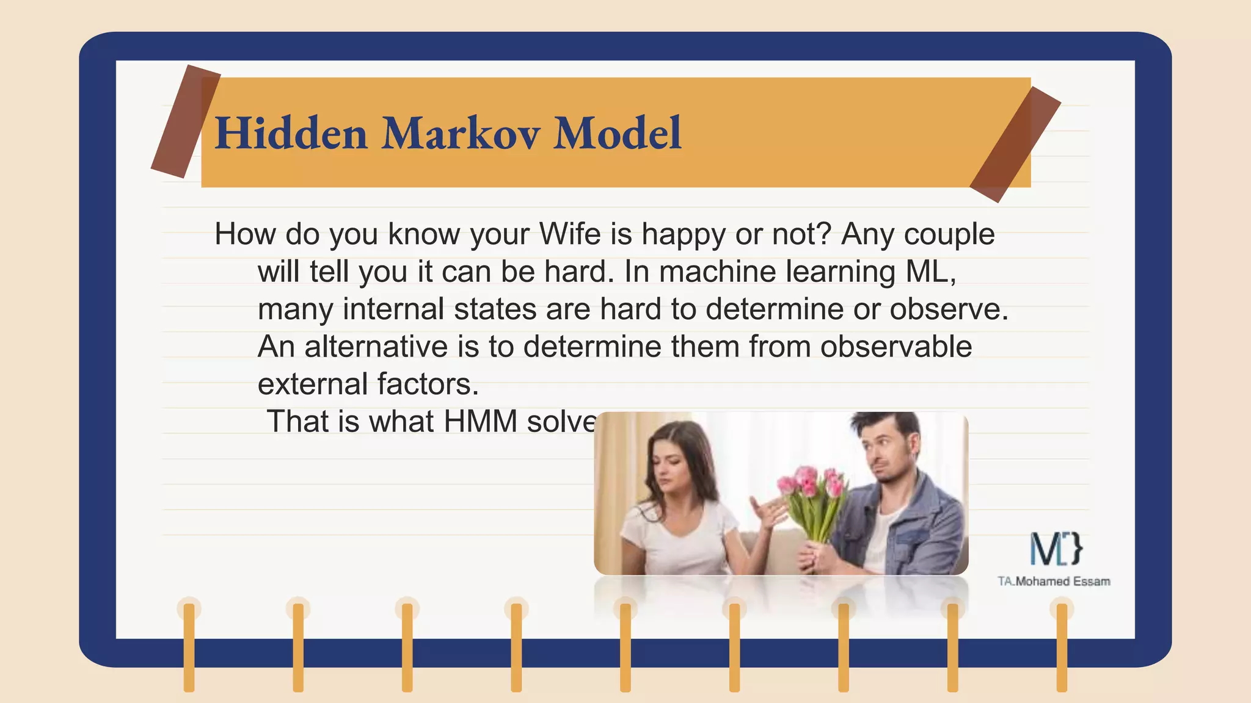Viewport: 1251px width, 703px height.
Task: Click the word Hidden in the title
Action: pos(291,133)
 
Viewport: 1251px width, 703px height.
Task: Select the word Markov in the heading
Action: pos(461,133)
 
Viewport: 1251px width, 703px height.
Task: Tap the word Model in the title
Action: pos(617,133)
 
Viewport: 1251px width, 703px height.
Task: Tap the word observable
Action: pos(895,347)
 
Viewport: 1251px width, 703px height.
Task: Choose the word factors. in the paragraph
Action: pos(428,384)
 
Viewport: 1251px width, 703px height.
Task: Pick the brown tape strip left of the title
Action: pos(185,121)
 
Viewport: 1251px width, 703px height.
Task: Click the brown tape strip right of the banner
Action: pos(1015,145)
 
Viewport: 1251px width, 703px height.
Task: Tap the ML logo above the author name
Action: pos(1056,548)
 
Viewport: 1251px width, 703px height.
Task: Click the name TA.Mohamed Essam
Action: pos(1054,582)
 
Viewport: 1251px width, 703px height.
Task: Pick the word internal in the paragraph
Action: pos(393,309)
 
